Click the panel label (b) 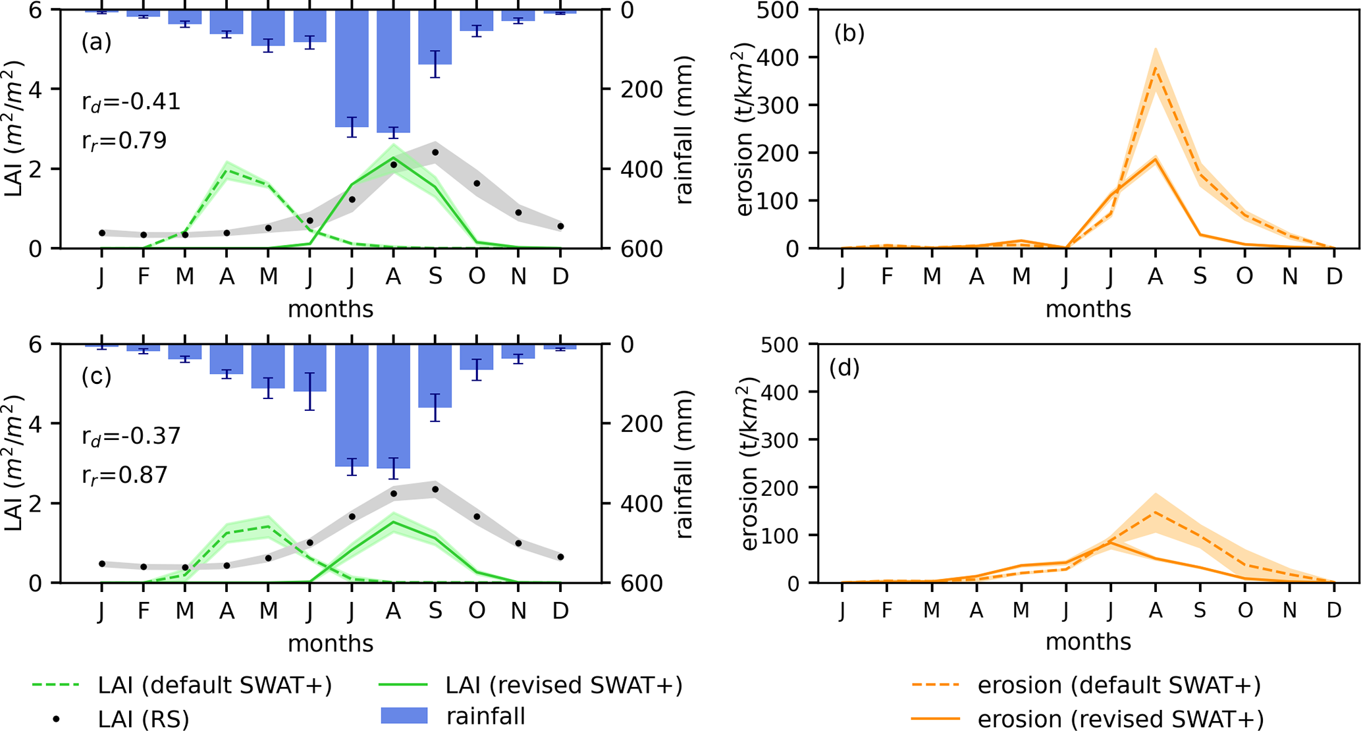[849, 33]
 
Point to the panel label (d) [845, 367]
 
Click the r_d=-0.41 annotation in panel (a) [131, 102]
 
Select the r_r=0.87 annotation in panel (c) [124, 475]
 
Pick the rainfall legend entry [486, 716]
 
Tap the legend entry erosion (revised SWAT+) [1120, 720]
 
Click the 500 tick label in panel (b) [782, 11]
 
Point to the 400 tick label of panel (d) [782, 392]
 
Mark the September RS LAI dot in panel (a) [435, 153]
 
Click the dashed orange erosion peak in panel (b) [1155, 67]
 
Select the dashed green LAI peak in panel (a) [227, 171]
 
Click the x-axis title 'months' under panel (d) [1088, 641]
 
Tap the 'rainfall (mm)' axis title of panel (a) [685, 130]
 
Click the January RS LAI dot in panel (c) [102, 564]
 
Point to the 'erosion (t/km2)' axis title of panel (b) [745, 130]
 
